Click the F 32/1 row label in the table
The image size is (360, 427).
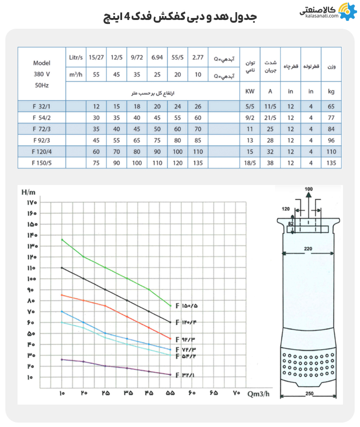point(41,106)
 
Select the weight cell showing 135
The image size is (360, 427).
point(332,164)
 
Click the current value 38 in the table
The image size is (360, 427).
point(270,164)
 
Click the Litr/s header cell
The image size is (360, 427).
point(76,58)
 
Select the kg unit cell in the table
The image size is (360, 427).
point(332,91)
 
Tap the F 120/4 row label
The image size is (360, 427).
point(41,152)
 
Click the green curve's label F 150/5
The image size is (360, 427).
point(190,306)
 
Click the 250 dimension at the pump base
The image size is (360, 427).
point(308,393)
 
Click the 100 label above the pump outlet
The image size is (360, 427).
point(309,189)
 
